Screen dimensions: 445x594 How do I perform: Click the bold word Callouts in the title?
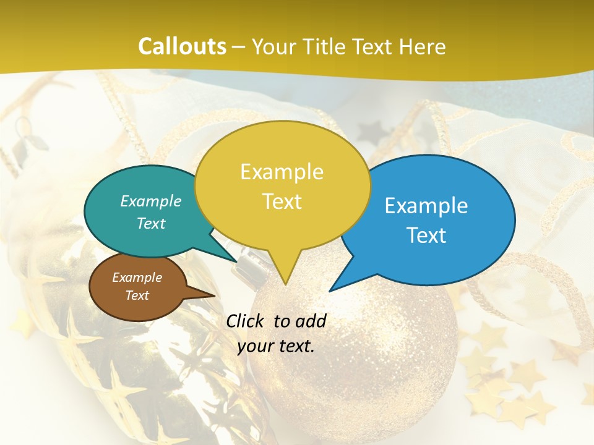[x=182, y=46]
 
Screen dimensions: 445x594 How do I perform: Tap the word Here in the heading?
[x=422, y=46]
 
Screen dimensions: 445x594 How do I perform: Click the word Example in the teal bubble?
[x=151, y=201]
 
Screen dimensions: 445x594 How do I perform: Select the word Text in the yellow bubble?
[x=282, y=201]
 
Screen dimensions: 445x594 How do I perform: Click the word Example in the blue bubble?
[x=426, y=206]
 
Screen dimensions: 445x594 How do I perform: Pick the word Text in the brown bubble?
[x=137, y=295]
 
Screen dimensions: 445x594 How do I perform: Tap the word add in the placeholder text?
[x=311, y=321]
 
